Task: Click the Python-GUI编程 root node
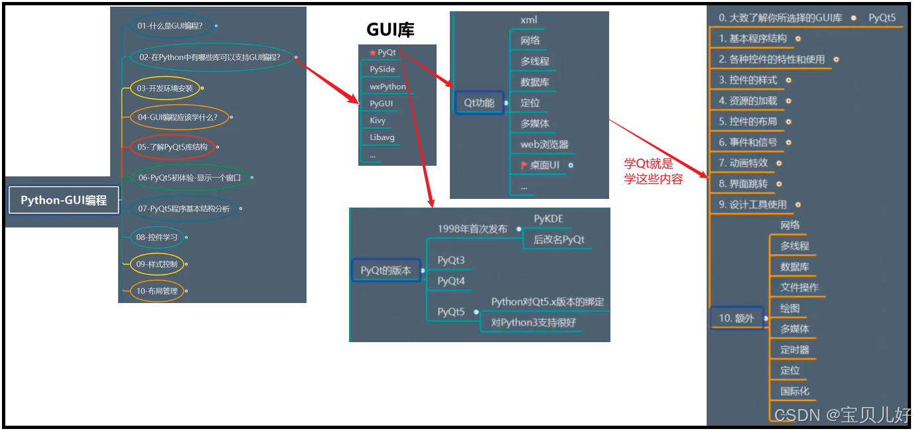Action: click(x=64, y=200)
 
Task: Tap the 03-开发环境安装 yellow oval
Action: click(x=165, y=88)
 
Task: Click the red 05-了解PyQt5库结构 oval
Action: click(x=172, y=147)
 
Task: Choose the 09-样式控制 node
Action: click(x=157, y=264)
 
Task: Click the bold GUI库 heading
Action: click(x=390, y=30)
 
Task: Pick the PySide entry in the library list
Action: click(x=382, y=69)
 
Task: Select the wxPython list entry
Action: click(x=387, y=86)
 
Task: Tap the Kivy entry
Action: click(x=378, y=121)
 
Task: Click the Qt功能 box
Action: click(x=478, y=103)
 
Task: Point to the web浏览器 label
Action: click(x=544, y=145)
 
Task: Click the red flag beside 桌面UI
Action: click(x=524, y=164)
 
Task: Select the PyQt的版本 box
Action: click(x=386, y=271)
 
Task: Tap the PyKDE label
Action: click(x=548, y=219)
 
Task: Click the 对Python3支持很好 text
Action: click(x=533, y=323)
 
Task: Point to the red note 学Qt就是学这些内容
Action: click(x=653, y=172)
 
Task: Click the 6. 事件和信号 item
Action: click(x=748, y=142)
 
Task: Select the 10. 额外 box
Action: click(x=736, y=318)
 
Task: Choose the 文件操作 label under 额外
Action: click(x=799, y=287)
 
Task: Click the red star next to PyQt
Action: click(x=373, y=52)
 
